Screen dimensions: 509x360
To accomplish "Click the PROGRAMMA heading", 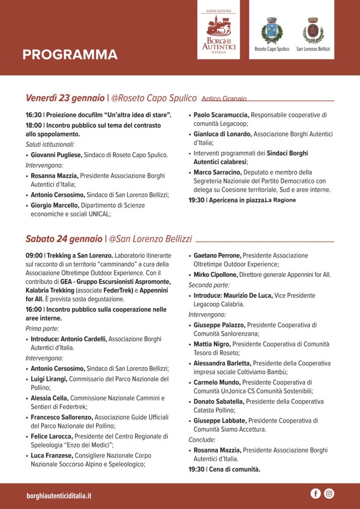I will (70, 55).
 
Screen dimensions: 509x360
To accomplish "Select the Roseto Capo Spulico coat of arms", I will (271, 31).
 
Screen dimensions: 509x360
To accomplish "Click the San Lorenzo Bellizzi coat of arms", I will (313, 31).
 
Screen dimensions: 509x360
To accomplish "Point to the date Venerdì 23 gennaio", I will (65, 98).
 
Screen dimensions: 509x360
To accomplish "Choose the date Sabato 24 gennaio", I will (64, 239).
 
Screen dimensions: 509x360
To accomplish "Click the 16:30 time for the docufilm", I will (33, 115).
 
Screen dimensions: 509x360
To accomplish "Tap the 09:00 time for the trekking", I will (34, 255).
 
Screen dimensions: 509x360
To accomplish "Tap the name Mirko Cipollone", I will (216, 274).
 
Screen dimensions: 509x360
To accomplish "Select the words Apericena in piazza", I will (236, 200).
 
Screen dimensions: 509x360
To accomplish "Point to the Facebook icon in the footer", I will (315, 494).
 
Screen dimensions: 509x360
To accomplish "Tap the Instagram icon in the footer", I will (329, 494).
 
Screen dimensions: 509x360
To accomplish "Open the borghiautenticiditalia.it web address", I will (59, 496).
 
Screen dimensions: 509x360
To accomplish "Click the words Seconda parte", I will (209, 285).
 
